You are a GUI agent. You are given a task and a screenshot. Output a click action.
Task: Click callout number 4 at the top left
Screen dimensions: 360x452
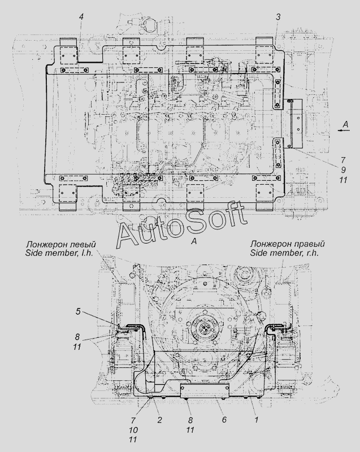coord(81,17)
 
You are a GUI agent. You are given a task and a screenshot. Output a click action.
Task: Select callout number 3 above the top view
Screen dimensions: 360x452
coord(278,17)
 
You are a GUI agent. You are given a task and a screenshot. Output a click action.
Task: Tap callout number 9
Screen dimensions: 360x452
coord(343,170)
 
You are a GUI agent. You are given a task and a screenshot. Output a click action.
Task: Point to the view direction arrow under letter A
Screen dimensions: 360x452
coord(344,131)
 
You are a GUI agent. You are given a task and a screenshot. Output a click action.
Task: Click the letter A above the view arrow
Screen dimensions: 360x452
coord(345,124)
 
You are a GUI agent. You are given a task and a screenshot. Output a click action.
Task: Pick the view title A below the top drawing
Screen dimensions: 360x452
coord(194,241)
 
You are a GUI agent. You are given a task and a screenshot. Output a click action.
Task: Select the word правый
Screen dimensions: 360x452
coord(311,244)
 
